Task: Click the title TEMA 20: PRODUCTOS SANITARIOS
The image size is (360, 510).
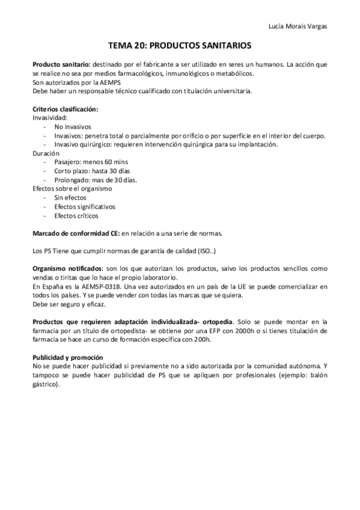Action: [x=179, y=46]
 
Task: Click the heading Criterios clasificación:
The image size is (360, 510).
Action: [x=65, y=109]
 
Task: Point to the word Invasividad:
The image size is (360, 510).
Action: [x=50, y=118]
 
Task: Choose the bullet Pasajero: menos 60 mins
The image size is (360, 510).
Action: [x=91, y=162]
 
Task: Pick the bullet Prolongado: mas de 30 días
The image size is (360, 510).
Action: [x=95, y=180]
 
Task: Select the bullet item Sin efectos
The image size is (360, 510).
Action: [x=70, y=198]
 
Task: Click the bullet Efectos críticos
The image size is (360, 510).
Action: [x=76, y=215]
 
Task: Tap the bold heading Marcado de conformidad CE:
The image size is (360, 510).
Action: [x=75, y=233]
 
